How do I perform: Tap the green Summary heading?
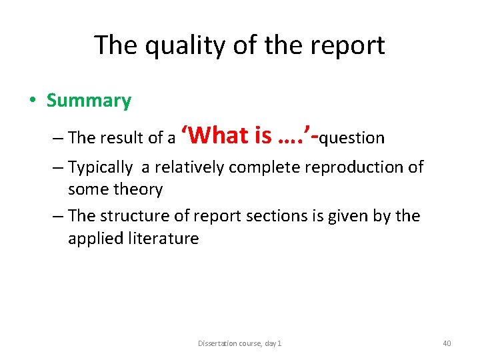89,101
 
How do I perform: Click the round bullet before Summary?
32,101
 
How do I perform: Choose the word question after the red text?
352,138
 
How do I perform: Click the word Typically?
100,167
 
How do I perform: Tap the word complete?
265,167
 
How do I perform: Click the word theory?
138,189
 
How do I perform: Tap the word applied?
94,239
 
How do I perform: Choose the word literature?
163,239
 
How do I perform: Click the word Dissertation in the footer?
218,343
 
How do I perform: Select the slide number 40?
447,343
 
